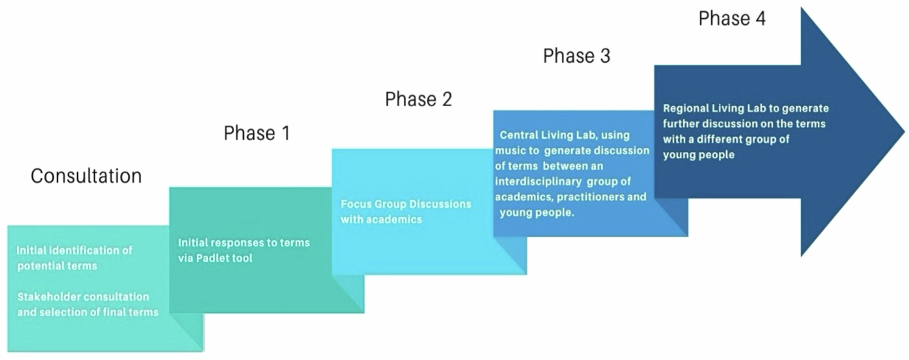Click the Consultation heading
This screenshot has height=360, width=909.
point(86,176)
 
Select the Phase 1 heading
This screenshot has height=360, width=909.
point(256,133)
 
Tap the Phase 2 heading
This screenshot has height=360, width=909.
point(418,99)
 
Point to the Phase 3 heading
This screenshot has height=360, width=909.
point(576,56)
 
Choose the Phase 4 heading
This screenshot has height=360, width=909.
point(732,19)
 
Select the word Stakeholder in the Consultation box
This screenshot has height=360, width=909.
point(48,297)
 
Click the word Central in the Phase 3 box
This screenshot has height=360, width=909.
point(519,135)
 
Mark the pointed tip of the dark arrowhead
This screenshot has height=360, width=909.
point(904,131)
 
